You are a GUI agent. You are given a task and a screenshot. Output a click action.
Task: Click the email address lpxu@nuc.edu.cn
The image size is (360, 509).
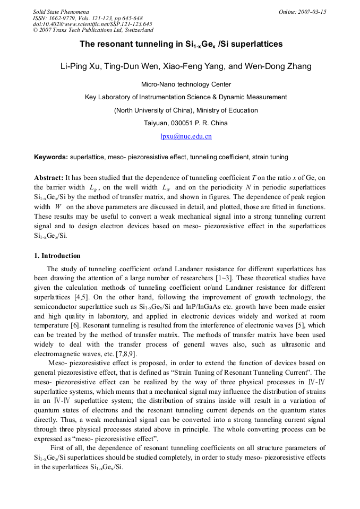click(x=186, y=136)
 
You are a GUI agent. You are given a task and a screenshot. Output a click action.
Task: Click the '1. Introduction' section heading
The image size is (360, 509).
click(x=57, y=255)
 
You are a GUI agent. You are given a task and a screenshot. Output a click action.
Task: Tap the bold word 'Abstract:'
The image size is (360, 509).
click(x=49, y=177)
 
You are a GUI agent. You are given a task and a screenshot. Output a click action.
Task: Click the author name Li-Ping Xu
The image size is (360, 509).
click(x=80, y=66)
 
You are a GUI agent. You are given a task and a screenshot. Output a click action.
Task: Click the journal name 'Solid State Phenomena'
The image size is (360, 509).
click(x=61, y=12)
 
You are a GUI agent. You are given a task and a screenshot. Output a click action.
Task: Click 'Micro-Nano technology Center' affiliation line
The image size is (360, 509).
click(x=186, y=84)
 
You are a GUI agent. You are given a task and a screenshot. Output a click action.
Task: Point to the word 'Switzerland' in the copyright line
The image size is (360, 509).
click(x=137, y=30)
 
